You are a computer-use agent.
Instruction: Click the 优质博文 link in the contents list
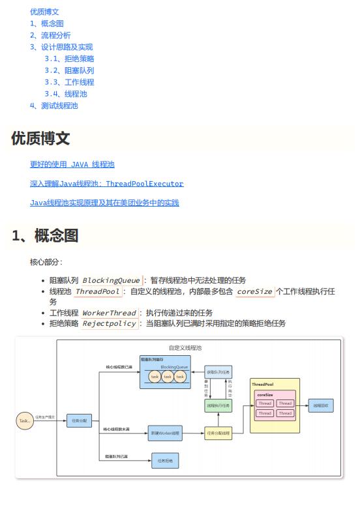pos(44,12)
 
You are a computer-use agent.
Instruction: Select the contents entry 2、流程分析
pos(50,35)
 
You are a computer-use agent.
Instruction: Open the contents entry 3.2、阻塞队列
pos(69,70)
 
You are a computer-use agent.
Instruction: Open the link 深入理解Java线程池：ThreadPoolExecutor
pos(106,184)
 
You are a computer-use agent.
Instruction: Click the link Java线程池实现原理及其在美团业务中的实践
pos(104,203)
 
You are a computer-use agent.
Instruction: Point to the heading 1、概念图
pos(45,236)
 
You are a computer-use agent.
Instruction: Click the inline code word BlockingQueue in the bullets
pos(111,280)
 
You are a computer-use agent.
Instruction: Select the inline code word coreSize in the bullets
pos(254,291)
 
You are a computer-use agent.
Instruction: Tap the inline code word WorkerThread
pos(109,313)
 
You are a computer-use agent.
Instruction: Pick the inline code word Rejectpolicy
pos(110,323)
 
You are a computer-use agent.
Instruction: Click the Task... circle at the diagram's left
pos(25,421)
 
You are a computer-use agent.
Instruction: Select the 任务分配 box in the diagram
pos(80,421)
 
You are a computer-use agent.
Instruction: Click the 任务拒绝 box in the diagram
pos(165,461)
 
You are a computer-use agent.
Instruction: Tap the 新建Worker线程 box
pos(165,433)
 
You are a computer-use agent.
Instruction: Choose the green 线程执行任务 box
pos(218,405)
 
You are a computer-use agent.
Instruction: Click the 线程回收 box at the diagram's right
pos(322,405)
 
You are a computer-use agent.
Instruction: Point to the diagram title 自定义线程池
pos(185,348)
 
